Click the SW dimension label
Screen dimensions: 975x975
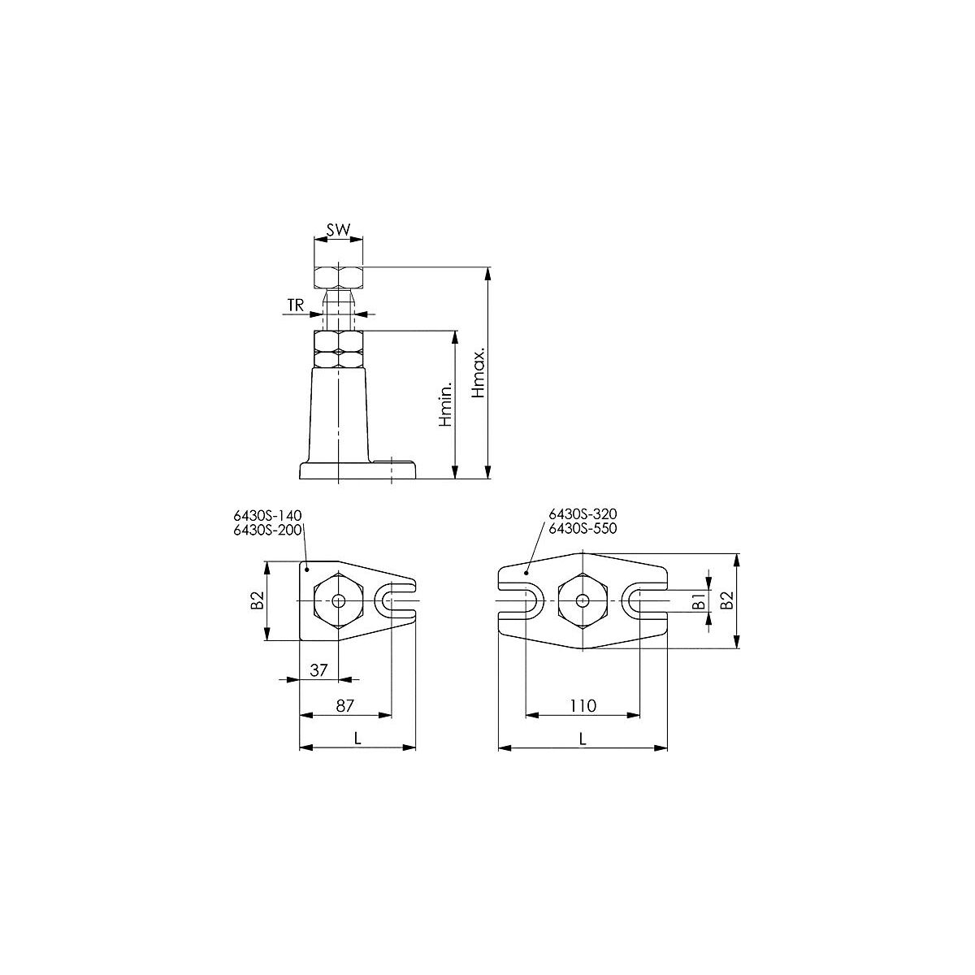click(338, 230)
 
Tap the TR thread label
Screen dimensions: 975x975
click(296, 305)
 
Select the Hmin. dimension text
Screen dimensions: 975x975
click(445, 405)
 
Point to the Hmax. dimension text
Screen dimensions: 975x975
click(478, 372)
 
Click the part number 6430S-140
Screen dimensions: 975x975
click(267, 516)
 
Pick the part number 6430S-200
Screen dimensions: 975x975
click(267, 530)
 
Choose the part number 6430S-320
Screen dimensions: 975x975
click(583, 514)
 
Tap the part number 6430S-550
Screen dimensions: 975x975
click(583, 528)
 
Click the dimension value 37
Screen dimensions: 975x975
click(318, 669)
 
